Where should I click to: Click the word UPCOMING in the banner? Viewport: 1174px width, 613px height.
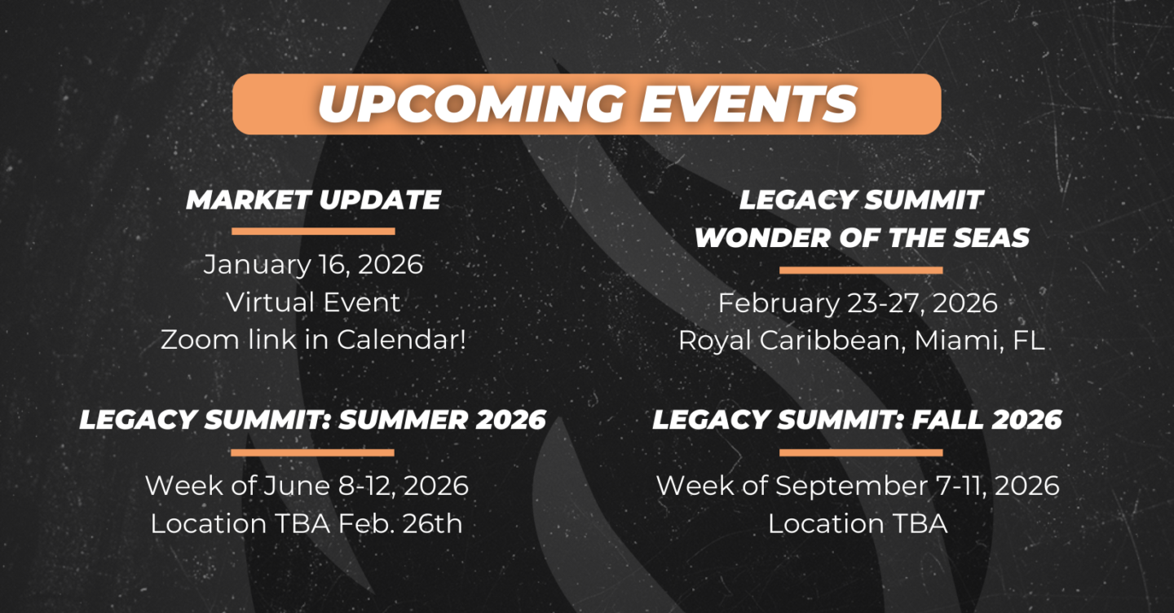coord(471,104)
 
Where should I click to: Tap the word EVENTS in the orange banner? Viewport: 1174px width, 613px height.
coord(748,104)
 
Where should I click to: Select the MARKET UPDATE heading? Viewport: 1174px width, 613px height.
coord(313,200)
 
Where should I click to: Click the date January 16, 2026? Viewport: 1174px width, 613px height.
coord(313,264)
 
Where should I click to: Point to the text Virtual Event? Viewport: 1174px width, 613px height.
coord(313,302)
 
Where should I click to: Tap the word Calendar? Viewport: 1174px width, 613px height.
coord(401,339)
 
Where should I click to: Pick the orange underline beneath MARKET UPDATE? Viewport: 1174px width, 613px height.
coord(313,231)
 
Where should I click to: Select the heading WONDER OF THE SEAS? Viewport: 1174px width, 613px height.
coord(863,238)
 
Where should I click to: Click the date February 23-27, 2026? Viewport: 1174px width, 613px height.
coord(858,303)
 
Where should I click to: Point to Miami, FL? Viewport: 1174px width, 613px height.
coord(979,341)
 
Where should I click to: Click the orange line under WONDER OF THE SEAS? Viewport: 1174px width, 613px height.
coord(861,271)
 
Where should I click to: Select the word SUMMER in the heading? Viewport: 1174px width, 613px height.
coord(403,420)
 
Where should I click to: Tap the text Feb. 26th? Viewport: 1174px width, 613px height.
coord(400,523)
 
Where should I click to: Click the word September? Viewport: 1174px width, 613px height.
coord(851,486)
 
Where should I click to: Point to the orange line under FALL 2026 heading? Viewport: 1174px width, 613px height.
coord(861,452)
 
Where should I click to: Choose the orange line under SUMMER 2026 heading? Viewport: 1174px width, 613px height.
coord(312,452)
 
